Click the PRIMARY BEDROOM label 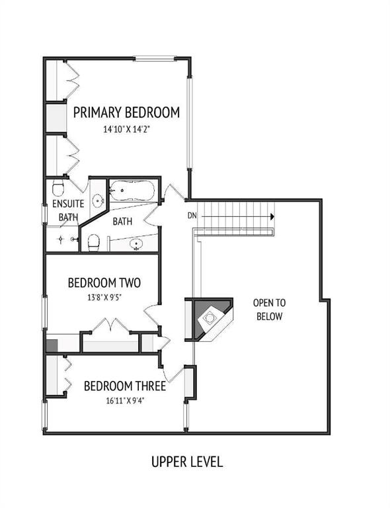point(126,112)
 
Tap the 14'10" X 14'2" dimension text point(126,130)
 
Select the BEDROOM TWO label point(104,283)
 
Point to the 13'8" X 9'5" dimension point(104,298)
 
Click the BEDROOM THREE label point(125,386)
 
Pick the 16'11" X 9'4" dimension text point(125,401)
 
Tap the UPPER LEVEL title point(187,462)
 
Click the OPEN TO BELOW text point(269,310)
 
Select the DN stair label point(192,216)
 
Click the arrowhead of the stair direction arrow point(272,216)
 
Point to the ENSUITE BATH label point(68,210)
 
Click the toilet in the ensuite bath point(58,188)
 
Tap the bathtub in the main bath point(132,190)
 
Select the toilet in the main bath point(94,243)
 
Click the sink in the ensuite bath point(98,201)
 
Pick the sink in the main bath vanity point(136,243)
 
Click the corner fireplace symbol point(210,319)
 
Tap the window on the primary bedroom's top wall point(155,59)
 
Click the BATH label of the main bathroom point(122,222)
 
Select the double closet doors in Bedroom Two point(111,324)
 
